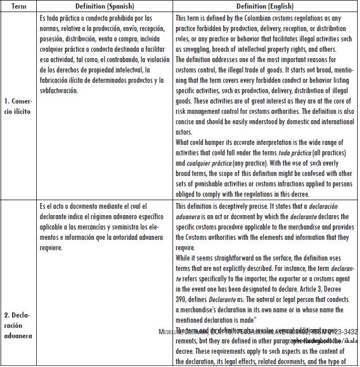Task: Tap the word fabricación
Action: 56,81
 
